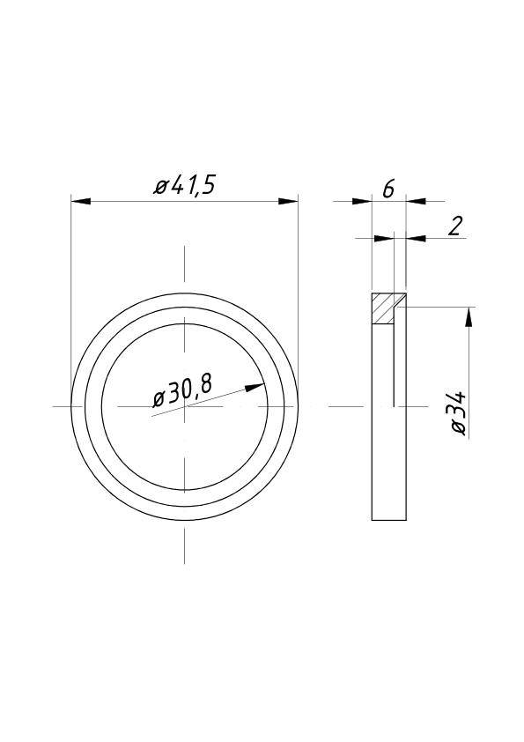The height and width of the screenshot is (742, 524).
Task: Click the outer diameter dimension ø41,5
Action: [x=185, y=186]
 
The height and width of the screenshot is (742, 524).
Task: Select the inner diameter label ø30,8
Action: [x=183, y=392]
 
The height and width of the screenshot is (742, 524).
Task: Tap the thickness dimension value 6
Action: [x=388, y=188]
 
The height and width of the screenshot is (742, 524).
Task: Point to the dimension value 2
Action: [x=454, y=226]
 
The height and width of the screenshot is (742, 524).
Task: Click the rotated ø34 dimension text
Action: [x=459, y=412]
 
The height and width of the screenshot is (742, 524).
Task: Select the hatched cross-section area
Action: [x=384, y=308]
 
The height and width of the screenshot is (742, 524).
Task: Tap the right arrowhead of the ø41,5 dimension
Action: [x=288, y=202]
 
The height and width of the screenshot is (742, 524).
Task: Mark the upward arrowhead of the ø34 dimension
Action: [x=469, y=316]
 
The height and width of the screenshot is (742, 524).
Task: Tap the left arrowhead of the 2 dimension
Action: [x=383, y=238]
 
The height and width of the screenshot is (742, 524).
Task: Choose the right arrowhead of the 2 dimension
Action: [x=416, y=238]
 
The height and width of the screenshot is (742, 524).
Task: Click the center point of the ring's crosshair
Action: [x=184, y=405]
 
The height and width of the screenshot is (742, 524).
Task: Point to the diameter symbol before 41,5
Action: [x=161, y=187]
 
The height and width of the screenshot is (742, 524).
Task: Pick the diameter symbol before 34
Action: [x=458, y=427]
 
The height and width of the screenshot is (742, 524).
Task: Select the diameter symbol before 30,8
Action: [x=159, y=398]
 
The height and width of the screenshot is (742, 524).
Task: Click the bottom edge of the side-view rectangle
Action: [x=388, y=520]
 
